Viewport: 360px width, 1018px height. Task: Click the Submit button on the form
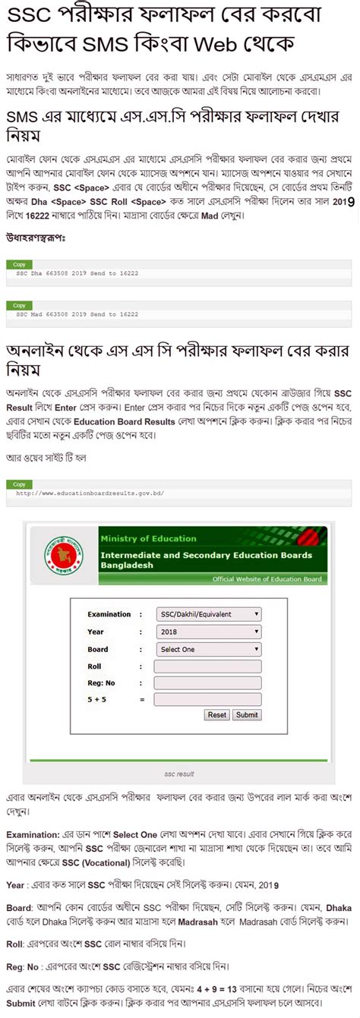click(x=246, y=714)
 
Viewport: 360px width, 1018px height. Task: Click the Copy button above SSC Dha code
click(x=20, y=264)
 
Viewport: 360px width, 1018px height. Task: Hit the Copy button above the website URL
click(x=20, y=484)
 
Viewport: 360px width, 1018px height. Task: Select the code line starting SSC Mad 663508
click(x=77, y=314)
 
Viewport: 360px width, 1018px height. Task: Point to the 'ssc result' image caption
click(x=180, y=774)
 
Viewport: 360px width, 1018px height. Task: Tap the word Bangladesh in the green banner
click(x=127, y=566)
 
